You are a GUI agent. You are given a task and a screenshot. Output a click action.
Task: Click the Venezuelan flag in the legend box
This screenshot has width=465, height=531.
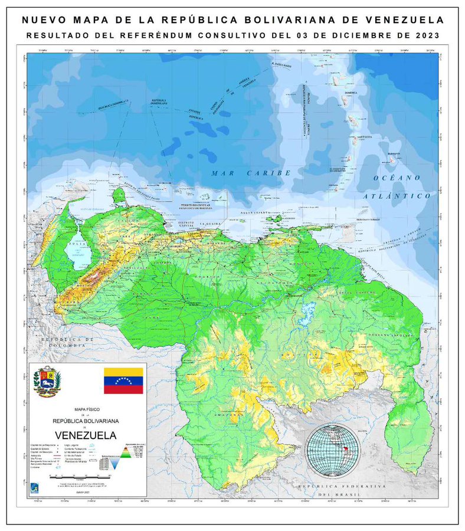coord(123,381)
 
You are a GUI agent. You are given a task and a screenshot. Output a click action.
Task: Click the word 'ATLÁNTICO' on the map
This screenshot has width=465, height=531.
coord(397,195)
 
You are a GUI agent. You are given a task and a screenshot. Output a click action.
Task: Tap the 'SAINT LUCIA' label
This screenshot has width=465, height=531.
coord(363,136)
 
